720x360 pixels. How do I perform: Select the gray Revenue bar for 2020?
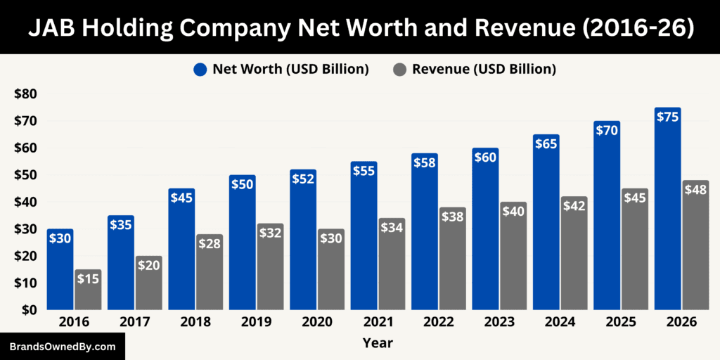331,274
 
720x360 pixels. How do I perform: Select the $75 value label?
667,117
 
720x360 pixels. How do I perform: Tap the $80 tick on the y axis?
26,94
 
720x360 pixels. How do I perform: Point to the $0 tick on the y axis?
30,310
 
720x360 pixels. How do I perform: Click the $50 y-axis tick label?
26,175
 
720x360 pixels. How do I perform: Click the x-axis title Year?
378,343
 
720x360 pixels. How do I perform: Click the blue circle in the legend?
200,70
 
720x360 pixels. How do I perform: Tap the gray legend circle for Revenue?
399,70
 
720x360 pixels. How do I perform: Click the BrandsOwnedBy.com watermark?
63,347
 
